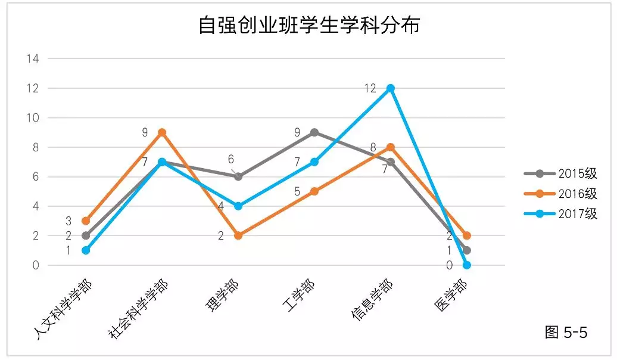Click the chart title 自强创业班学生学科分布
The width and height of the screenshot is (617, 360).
(x=309, y=26)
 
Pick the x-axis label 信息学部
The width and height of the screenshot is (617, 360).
(x=372, y=301)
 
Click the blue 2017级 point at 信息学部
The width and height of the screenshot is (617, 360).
(x=391, y=88)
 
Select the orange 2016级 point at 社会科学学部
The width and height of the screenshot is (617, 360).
(x=162, y=132)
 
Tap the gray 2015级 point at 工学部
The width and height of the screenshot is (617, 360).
(x=314, y=132)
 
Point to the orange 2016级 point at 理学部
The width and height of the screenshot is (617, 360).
(x=238, y=235)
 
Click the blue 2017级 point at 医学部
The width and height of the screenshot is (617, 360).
(x=467, y=265)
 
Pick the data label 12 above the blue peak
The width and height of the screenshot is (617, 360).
(x=370, y=88)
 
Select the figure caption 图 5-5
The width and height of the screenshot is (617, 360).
(x=566, y=333)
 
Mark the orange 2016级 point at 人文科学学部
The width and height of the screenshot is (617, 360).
(x=86, y=221)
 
